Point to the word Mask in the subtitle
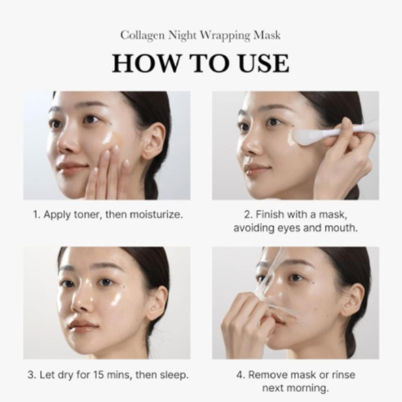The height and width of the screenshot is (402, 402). point(266,34)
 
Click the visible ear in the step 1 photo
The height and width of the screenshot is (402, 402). point(152,140)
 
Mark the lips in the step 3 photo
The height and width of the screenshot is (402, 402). point(82,324)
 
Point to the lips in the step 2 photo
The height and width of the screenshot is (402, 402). point(256,169)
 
